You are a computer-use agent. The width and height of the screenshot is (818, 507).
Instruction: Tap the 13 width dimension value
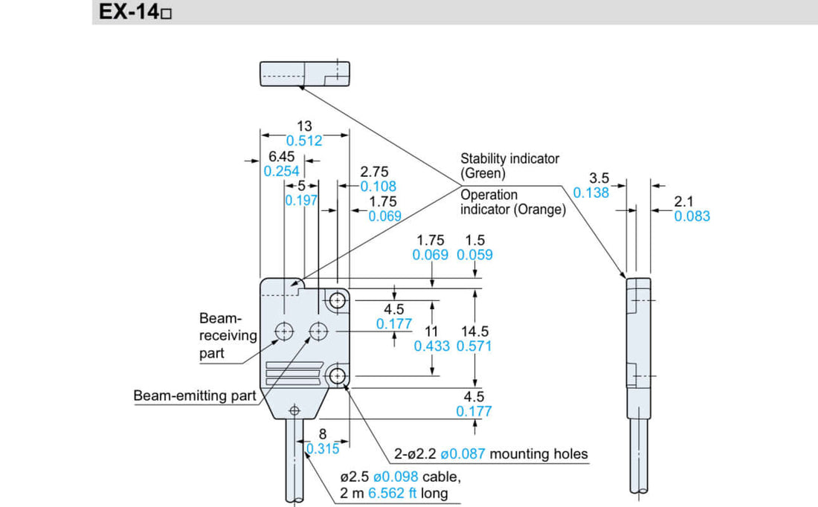coord(304,126)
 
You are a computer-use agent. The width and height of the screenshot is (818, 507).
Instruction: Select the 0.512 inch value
coord(304,141)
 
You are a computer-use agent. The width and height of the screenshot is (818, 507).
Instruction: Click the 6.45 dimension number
coord(281,157)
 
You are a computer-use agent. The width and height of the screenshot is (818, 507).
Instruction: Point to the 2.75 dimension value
coord(374,172)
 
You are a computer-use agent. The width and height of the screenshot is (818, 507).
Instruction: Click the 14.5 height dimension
coord(474,332)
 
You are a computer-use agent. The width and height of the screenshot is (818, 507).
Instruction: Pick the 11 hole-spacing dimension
coord(431,332)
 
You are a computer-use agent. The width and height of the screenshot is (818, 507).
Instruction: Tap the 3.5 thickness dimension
coord(599,178)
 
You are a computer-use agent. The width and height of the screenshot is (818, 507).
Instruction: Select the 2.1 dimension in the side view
coord(683,201)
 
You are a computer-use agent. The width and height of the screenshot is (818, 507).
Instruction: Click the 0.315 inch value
coord(323,448)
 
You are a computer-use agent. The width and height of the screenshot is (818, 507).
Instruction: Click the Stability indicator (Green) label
coord(509,165)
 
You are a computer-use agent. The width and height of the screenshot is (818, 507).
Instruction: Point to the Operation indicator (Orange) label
coord(512,202)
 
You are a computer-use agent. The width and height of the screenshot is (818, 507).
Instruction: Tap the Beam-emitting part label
coord(194,395)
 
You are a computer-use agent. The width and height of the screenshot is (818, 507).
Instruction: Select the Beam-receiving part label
coord(227,335)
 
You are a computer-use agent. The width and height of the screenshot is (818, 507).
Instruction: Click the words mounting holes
coord(538,453)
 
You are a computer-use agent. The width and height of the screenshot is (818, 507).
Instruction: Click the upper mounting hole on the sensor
coord(338,300)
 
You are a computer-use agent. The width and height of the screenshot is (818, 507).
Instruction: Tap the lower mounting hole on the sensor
coord(338,375)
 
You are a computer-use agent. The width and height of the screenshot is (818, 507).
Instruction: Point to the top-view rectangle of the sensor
coord(304,74)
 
